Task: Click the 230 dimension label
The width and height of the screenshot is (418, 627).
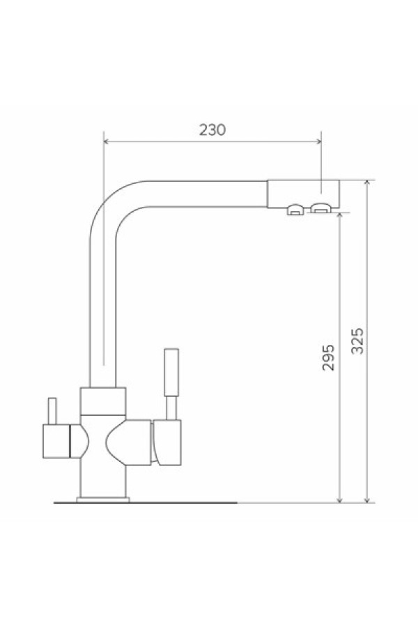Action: point(212,130)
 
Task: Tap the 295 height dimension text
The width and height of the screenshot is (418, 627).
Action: point(328,357)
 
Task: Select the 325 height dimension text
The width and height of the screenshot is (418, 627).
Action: point(357,341)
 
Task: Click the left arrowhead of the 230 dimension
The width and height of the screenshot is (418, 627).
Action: point(107,141)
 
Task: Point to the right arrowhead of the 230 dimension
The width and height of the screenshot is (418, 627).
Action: point(318,141)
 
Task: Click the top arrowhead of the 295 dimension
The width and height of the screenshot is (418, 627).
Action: point(339,215)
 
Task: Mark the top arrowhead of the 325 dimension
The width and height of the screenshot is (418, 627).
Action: point(367,183)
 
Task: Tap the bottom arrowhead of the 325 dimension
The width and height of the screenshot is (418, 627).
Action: point(367,500)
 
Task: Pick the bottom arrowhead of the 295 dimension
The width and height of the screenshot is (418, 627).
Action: point(339,500)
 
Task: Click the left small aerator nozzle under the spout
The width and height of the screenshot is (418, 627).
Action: point(295,210)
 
